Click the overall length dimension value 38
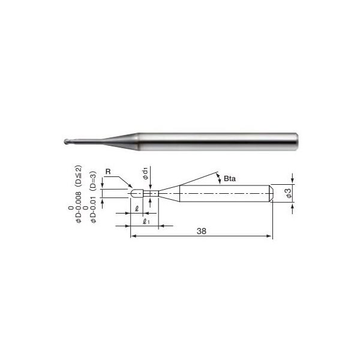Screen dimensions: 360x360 click(x=202, y=231)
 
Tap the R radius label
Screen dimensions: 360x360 click(x=108, y=172)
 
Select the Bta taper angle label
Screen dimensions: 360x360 click(x=230, y=179)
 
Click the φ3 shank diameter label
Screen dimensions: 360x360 click(x=289, y=193)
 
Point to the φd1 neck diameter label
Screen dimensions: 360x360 click(x=145, y=173)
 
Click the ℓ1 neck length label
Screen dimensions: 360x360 click(x=146, y=222)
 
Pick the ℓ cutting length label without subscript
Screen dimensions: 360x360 click(x=137, y=209)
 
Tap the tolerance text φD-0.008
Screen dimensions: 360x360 click(x=79, y=207)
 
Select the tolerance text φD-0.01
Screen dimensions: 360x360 click(x=93, y=209)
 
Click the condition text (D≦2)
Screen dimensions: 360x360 click(x=79, y=177)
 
